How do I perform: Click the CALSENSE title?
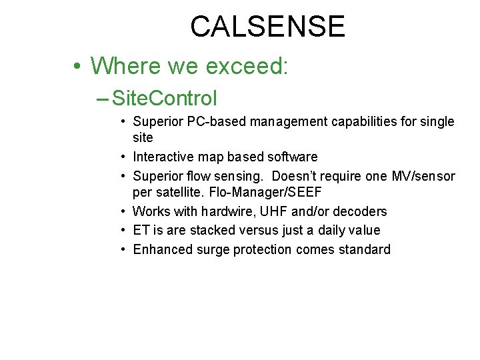pos(267,27)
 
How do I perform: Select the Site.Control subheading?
pos(165,99)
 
